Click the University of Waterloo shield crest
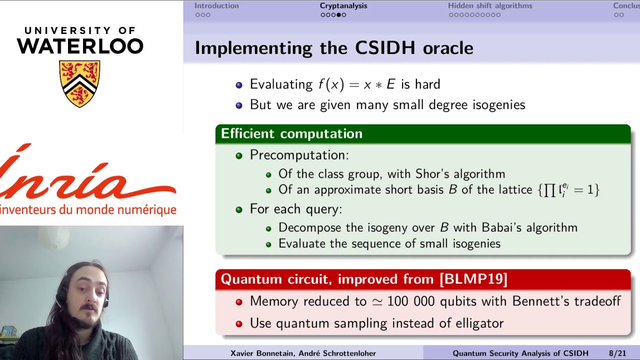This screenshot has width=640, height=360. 80,83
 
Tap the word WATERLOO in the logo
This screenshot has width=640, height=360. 80,46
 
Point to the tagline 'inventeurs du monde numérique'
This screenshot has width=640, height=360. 88,209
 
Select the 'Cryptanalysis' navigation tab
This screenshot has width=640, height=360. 343,6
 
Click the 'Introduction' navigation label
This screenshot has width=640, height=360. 216,6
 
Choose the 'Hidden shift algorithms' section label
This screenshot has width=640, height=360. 490,6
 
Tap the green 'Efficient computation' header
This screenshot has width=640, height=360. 291,134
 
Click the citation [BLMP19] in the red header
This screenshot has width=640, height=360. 473,279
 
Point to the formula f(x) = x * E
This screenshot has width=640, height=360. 356,84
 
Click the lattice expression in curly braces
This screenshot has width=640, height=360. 568,190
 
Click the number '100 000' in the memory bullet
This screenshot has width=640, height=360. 411,301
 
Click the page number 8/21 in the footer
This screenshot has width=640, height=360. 617,353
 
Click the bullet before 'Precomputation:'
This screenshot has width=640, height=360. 239,155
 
